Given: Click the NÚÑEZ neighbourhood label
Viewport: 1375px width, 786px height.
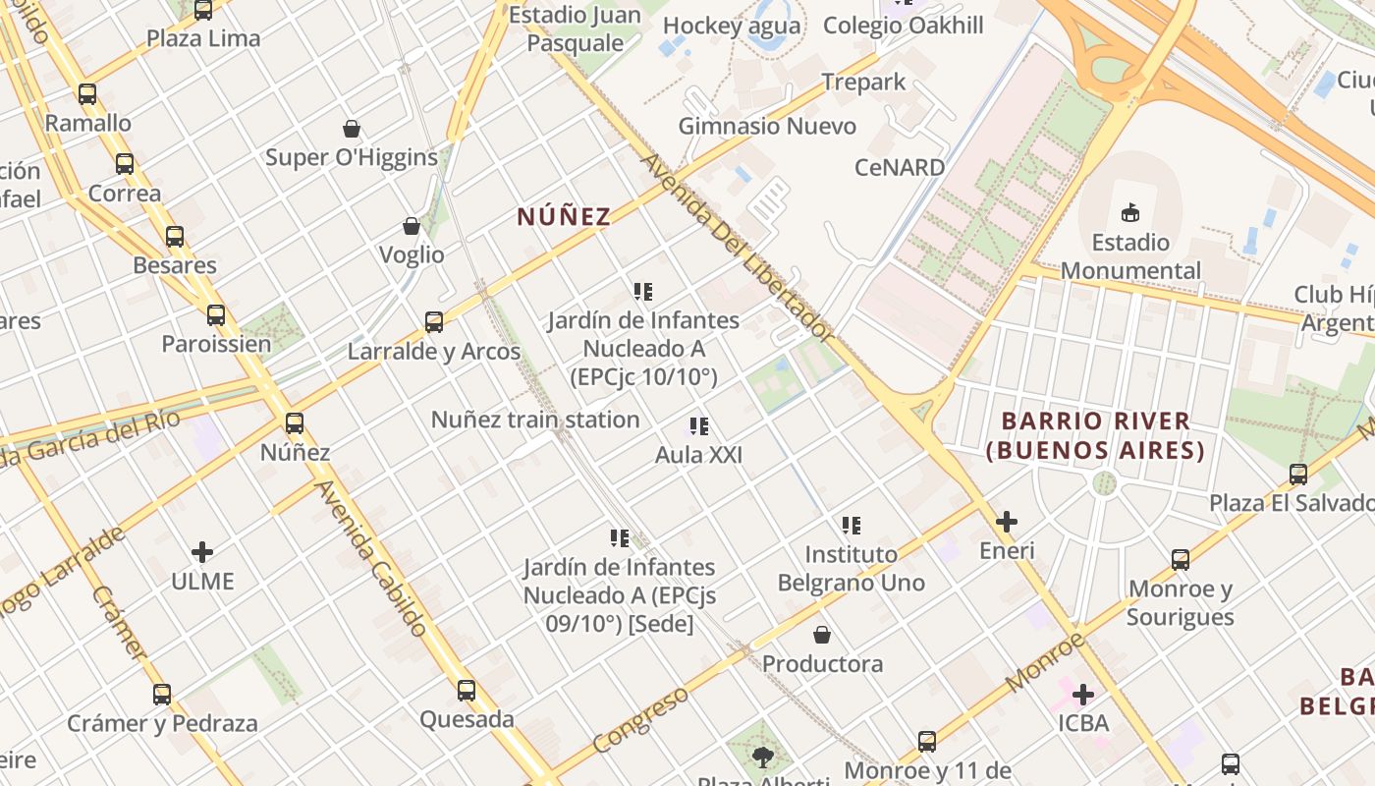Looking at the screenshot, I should (x=564, y=216).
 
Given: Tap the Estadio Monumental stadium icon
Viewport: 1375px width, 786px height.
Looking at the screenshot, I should (x=1130, y=212).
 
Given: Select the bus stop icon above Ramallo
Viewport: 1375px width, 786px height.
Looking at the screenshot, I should (x=87, y=94).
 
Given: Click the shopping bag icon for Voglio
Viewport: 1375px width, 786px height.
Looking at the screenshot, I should (x=412, y=227).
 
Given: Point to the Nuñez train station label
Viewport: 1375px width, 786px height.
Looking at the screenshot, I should (x=535, y=420).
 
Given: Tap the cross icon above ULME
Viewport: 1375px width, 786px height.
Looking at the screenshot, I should (x=202, y=552).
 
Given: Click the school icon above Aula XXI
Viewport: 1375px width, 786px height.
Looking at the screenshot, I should (x=698, y=426).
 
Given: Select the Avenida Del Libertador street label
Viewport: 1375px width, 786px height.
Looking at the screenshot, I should (x=738, y=247).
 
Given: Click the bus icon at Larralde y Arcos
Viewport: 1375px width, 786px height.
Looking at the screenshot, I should (x=433, y=322).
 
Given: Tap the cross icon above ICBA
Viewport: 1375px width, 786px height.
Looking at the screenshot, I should (x=1083, y=696).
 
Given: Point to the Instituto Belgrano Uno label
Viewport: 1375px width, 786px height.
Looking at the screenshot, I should (x=852, y=568).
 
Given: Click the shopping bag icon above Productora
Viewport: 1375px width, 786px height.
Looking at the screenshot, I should (x=822, y=636).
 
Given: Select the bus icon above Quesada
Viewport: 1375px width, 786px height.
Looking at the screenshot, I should (x=467, y=691).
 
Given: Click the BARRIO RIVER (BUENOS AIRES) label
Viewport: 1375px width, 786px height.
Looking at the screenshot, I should (x=1095, y=435).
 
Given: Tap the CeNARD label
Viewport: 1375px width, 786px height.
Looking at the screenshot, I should (x=900, y=167).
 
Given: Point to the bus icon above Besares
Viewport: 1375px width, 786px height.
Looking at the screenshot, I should (x=175, y=237).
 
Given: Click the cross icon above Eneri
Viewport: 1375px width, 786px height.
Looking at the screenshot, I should (x=1007, y=522).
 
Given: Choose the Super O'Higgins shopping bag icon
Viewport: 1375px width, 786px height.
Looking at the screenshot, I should (x=352, y=129).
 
